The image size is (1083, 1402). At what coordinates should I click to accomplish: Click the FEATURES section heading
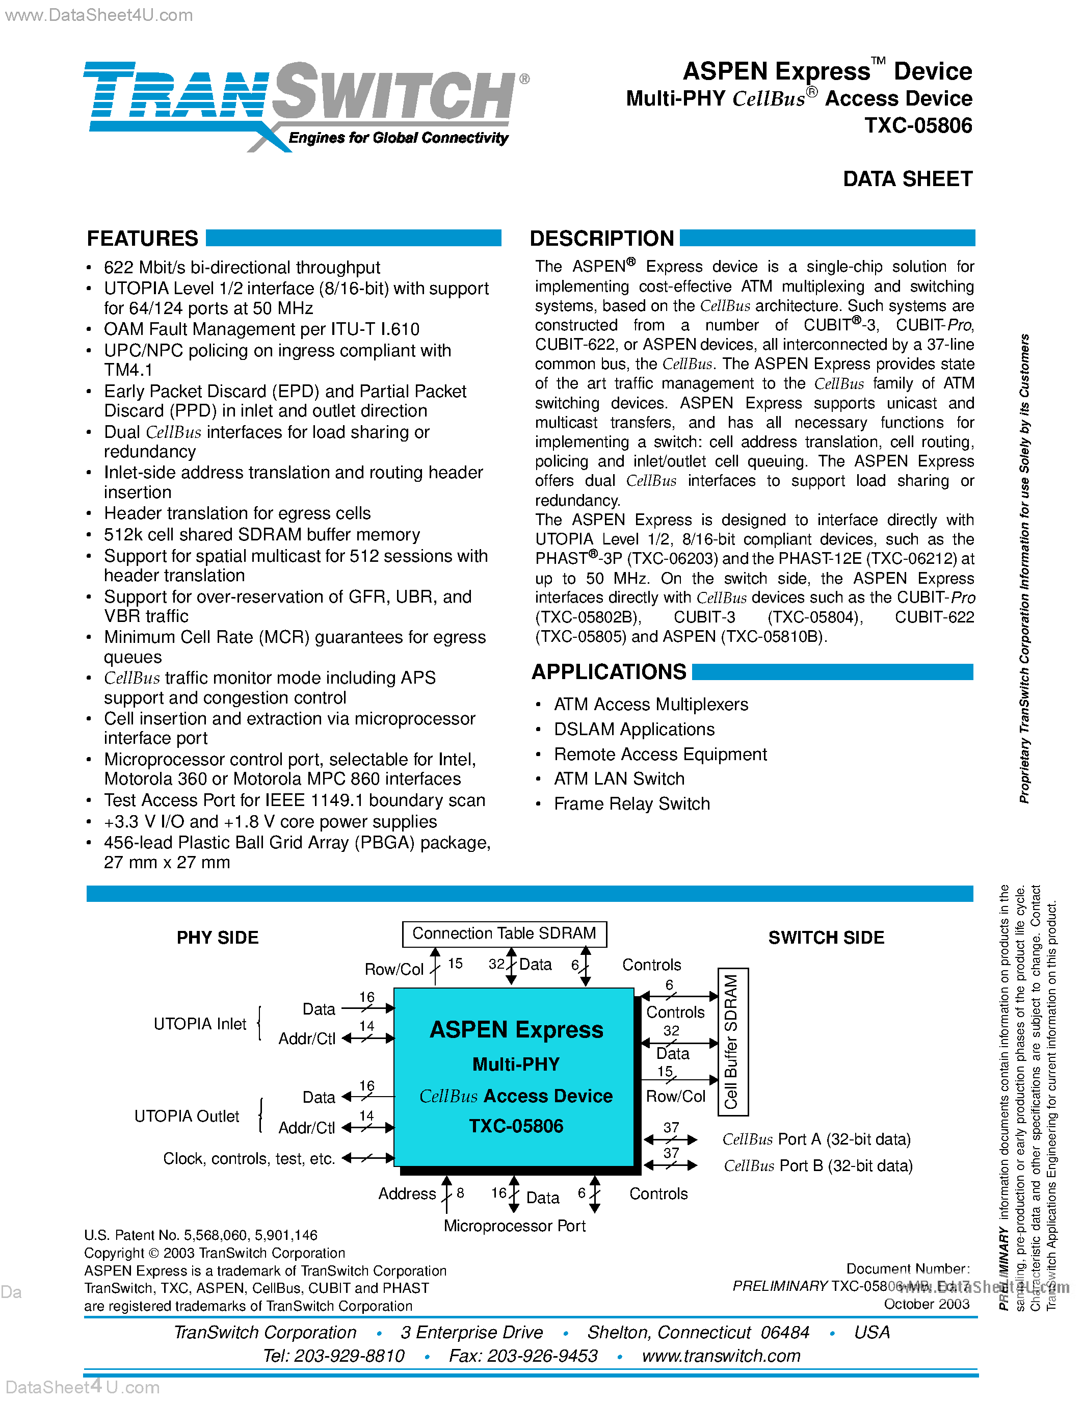point(142,239)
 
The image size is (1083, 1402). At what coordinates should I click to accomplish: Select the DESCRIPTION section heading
point(601,239)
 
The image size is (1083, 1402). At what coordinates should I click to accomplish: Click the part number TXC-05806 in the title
point(917,125)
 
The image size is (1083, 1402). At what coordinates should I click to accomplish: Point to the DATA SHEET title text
point(907,179)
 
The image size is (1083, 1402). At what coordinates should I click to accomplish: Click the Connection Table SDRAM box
point(504,934)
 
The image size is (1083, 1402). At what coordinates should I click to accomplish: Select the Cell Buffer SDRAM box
point(731,1041)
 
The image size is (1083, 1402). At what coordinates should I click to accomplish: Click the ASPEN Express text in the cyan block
point(516,1030)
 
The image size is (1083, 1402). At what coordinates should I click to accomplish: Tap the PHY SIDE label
point(218,938)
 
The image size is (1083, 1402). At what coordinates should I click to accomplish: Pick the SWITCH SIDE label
point(826,938)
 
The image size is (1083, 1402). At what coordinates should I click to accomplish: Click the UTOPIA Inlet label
point(200,1024)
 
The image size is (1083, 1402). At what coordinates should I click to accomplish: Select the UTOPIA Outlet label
point(187,1117)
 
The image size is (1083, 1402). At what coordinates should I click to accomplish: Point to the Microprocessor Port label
point(515,1226)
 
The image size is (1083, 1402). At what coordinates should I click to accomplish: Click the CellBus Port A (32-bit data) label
point(816,1139)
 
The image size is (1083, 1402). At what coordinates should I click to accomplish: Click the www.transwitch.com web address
point(721,1356)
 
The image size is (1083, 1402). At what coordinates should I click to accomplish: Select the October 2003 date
point(927,1304)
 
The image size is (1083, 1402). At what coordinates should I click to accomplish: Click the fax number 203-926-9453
point(542,1356)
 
